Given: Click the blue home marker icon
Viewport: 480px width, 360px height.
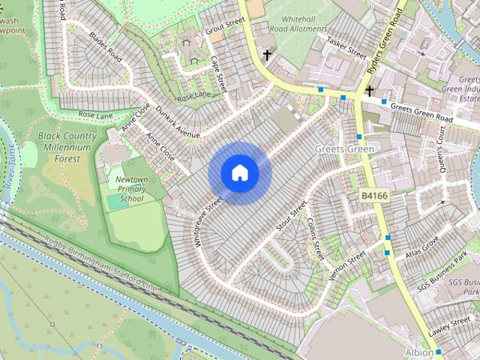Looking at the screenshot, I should point(239,172).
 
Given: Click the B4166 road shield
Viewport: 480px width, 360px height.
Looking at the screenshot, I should point(374,196).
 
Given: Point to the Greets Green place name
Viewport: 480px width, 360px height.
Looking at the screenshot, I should point(344,148).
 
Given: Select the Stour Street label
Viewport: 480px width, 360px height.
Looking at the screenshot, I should point(292,215).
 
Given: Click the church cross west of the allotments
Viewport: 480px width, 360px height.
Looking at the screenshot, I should point(266,54).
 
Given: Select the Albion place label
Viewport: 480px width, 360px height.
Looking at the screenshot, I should point(418,352).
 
